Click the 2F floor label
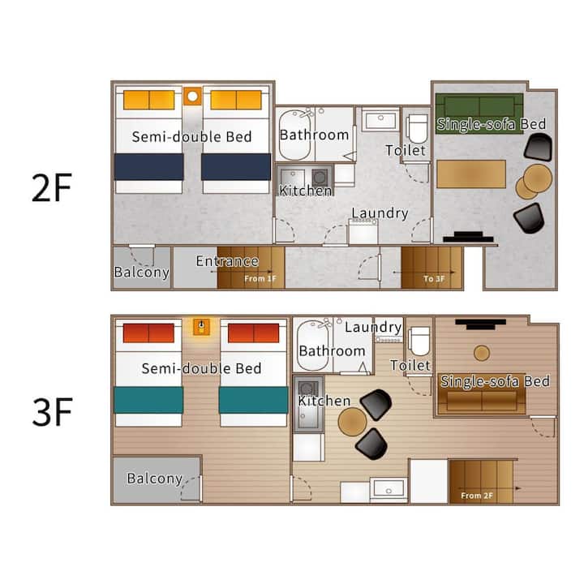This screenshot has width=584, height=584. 51,187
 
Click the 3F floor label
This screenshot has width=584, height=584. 52,412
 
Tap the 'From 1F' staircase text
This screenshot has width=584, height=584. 260,278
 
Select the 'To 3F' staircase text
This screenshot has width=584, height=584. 434,278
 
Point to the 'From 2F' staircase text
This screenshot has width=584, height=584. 477,496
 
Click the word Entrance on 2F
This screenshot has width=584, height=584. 227,261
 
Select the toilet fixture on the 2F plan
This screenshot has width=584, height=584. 418,129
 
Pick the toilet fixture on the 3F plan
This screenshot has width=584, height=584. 420,341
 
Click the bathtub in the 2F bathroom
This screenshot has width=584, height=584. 294,135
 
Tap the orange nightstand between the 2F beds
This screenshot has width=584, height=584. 192,97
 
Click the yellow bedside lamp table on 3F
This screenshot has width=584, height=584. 201,327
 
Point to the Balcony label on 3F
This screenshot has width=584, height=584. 155,479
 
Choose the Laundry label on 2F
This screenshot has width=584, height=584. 380,213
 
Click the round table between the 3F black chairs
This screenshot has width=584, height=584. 352,422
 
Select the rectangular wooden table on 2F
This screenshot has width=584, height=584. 471,174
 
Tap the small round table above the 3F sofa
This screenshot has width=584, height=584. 482,353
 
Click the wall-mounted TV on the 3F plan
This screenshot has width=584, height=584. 480,324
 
